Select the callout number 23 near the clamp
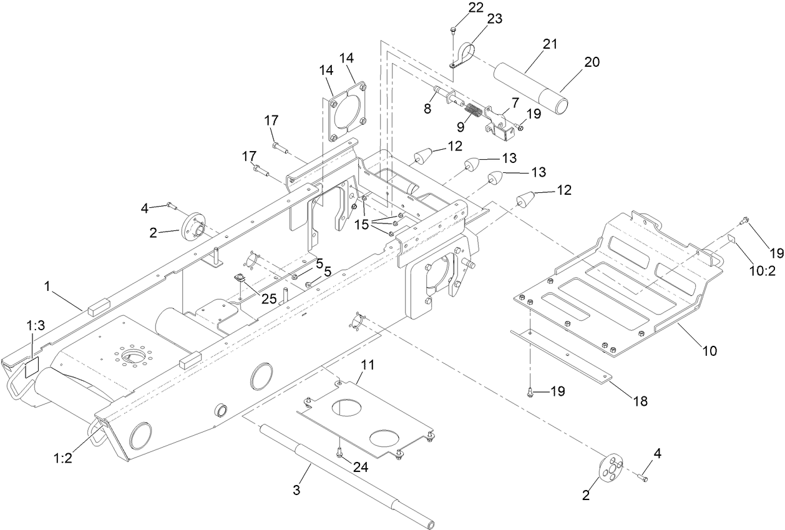point(494,19)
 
